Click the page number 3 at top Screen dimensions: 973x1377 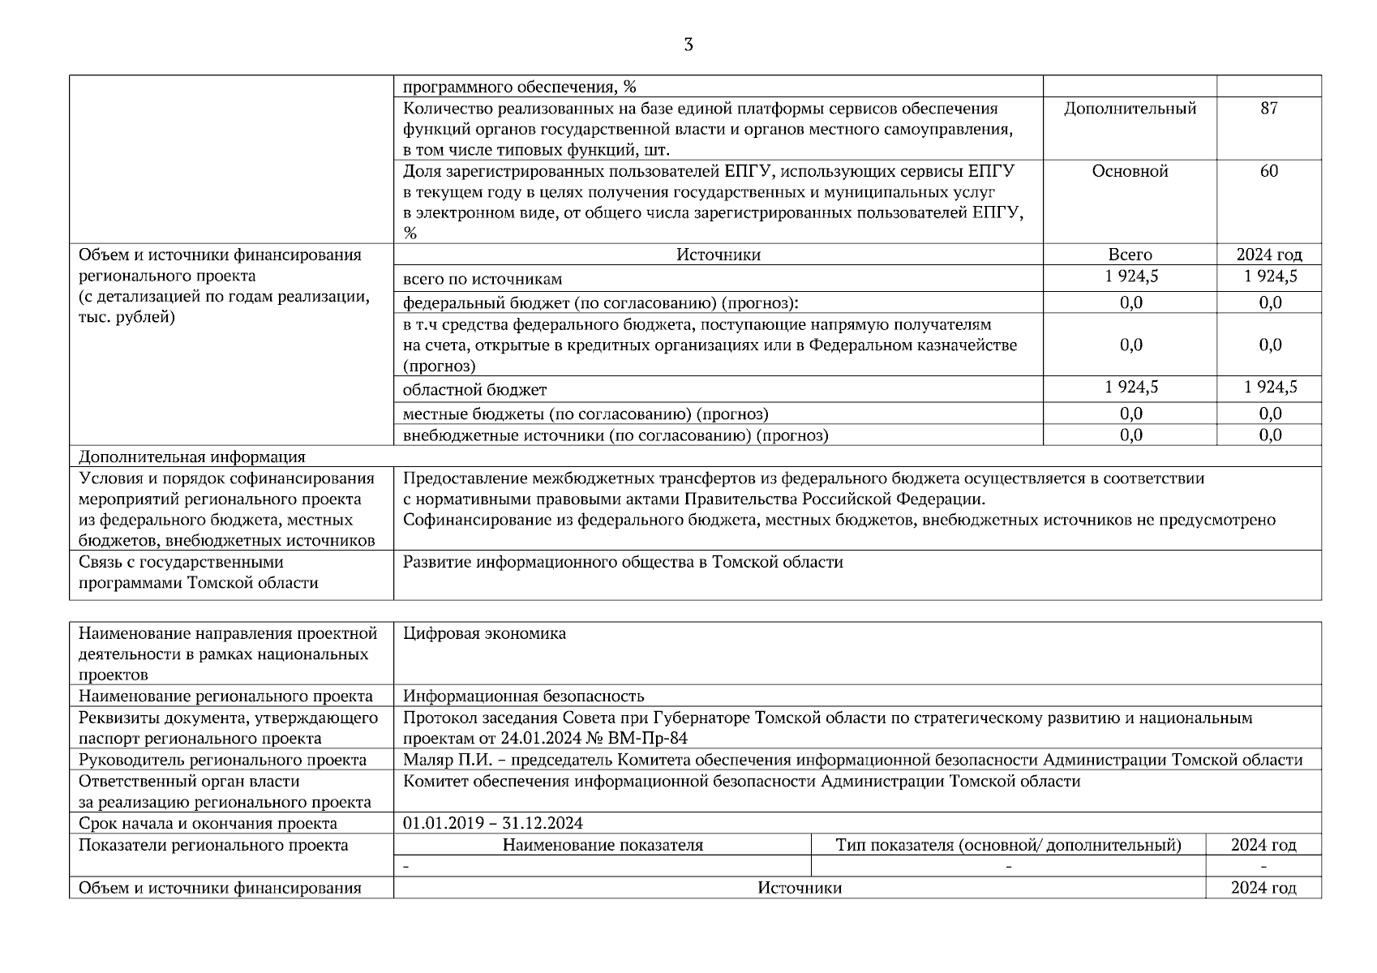coord(688,45)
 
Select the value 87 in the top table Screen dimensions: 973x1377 coord(1268,109)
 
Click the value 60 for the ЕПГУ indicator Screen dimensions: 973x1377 coord(1268,171)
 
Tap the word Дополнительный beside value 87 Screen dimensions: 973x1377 coord(1130,109)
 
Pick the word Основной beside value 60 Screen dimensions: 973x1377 coord(1130,171)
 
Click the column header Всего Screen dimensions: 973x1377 coord(1130,255)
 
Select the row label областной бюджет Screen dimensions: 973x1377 coord(474,390)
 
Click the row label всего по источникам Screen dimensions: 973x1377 coord(483,279)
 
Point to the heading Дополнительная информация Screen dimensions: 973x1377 coord(191,456)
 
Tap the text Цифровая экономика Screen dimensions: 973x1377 coord(484,633)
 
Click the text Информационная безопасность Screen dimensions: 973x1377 coord(523,696)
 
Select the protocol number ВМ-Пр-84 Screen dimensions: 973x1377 coord(651,738)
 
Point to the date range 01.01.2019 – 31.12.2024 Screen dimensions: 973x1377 coord(492,823)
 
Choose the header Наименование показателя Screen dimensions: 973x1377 coord(602,845)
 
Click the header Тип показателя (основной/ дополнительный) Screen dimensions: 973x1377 coord(1008,845)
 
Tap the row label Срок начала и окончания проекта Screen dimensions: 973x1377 coord(208,823)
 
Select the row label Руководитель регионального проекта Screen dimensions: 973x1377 coord(222,760)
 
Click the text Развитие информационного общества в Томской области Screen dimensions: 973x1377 coord(623,562)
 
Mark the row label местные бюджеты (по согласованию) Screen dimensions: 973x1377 coord(548,414)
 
